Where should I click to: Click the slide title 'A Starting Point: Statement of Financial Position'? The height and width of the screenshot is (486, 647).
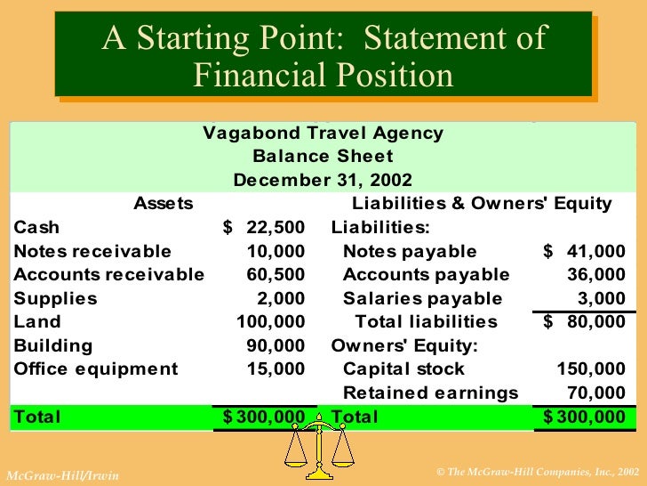(323, 56)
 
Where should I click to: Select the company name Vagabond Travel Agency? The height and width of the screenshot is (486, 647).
(323, 134)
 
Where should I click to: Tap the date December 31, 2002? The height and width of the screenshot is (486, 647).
(323, 180)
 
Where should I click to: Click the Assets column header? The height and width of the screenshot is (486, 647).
(163, 204)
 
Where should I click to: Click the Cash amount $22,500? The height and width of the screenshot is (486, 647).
(263, 228)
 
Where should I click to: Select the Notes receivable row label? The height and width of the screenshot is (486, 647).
(92, 251)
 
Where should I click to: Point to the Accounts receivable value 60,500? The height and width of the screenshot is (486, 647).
(275, 274)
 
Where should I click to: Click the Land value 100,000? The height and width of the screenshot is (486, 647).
(270, 321)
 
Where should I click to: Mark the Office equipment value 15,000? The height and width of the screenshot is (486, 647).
(279, 369)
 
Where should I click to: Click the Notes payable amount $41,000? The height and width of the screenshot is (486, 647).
(584, 251)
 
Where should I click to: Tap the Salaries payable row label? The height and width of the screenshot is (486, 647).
(422, 298)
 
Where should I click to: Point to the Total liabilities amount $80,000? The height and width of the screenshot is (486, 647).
(584, 321)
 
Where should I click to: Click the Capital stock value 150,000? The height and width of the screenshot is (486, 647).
(591, 369)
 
